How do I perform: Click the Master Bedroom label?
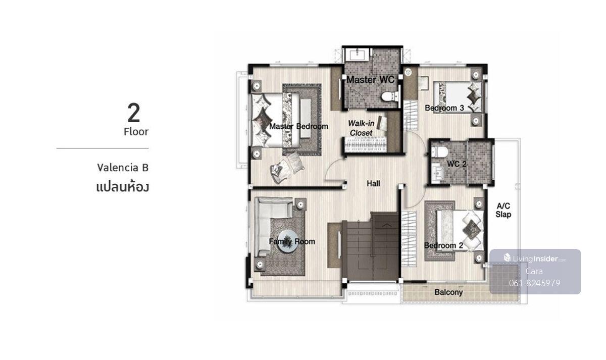tap(298, 126)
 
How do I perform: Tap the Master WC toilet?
tap(389, 96)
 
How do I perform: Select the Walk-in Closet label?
tap(361, 128)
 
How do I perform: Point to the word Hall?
tap(373, 184)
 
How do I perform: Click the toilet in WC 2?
tap(439, 152)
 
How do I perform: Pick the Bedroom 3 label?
tap(444, 108)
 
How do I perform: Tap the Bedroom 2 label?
tap(443, 245)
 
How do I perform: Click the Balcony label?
tap(448, 292)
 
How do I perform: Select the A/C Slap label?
tap(503, 210)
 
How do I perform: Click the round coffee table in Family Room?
tap(288, 241)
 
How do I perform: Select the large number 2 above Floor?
tap(134, 113)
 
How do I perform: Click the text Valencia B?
tap(123, 168)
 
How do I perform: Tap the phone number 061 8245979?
tap(535, 283)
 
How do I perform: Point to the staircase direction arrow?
tap(387, 225)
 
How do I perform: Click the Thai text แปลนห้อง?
tap(123, 187)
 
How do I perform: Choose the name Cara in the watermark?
tap(534, 271)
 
